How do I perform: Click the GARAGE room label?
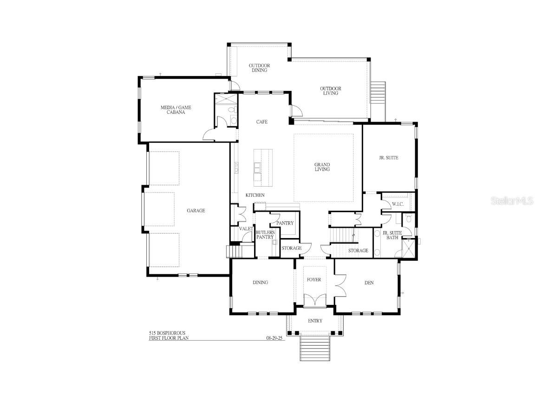tap(196, 211)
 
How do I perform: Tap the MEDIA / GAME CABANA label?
tap(176, 110)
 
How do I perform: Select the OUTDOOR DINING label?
tap(259, 68)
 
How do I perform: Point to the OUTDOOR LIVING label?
tap(330, 91)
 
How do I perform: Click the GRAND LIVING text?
tap(322, 167)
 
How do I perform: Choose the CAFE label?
tap(262, 122)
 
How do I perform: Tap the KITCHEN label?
tap(255, 195)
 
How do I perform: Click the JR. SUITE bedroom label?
tap(388, 158)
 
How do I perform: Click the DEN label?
tap(369, 283)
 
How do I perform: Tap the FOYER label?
tap(314, 280)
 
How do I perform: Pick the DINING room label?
tap(260, 283)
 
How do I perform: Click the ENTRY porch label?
tap(315, 321)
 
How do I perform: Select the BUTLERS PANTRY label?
tap(265, 235)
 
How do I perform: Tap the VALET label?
tap(246, 229)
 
